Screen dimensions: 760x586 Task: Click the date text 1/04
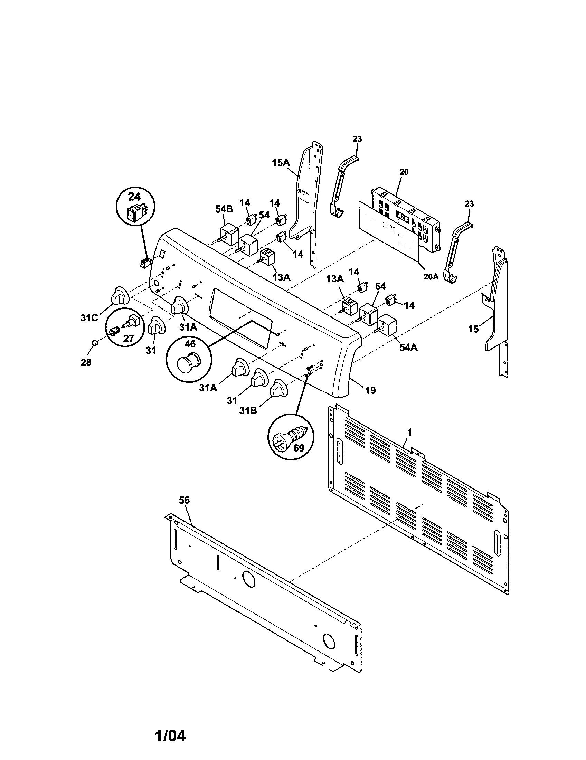pyautogui.click(x=170, y=735)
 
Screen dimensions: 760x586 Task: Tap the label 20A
pyautogui.click(x=431, y=277)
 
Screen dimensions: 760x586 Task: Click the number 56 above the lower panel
pyautogui.click(x=184, y=500)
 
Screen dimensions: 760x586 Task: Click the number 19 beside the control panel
pyautogui.click(x=371, y=390)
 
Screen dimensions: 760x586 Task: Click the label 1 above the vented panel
pyautogui.click(x=409, y=432)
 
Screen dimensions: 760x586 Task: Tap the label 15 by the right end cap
pyautogui.click(x=473, y=329)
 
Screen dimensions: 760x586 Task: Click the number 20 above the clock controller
pyautogui.click(x=404, y=172)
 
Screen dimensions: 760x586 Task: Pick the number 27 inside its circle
pyautogui.click(x=129, y=338)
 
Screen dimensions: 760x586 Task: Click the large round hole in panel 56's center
pyautogui.click(x=248, y=579)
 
